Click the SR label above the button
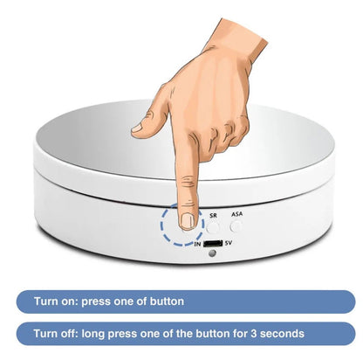(213, 216)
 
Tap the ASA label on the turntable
(236, 214)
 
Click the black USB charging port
(213, 243)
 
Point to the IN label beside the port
(198, 244)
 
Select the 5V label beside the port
(229, 243)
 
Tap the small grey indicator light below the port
(213, 253)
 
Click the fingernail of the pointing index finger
(188, 221)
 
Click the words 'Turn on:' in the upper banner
(56, 301)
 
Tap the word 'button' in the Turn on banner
(167, 301)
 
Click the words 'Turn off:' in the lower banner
(56, 333)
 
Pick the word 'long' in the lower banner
(92, 334)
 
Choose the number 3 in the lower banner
(254, 334)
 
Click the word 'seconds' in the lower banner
(282, 334)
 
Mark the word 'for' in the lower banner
(240, 333)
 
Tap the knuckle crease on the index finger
(188, 182)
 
